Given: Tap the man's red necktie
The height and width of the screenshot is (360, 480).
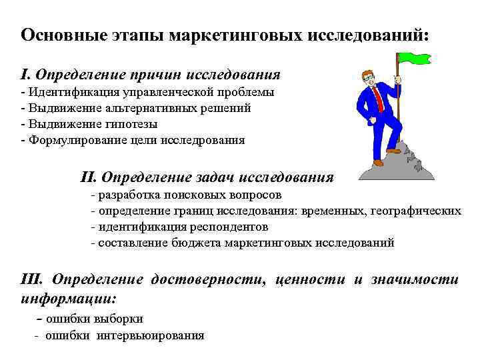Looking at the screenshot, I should coord(378,98).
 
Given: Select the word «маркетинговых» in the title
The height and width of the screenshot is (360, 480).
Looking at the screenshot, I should coord(236,35).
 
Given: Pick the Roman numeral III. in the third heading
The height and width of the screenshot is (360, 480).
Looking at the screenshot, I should coord(33,279).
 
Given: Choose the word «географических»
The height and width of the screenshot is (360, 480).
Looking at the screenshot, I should coord(415,211).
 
